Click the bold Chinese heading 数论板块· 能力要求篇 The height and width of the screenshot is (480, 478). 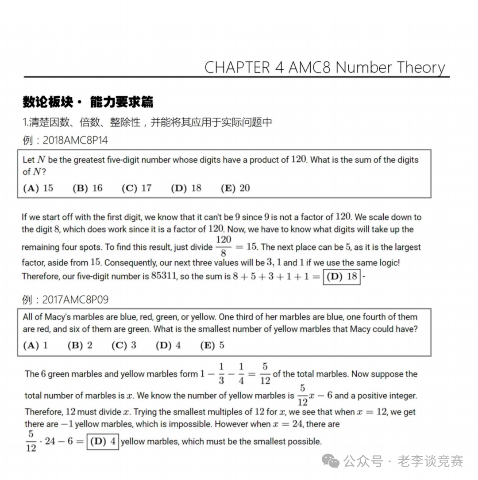tap(88, 102)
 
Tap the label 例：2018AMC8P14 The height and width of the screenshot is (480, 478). tap(65, 141)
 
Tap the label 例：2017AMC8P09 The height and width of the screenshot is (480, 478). tap(65, 300)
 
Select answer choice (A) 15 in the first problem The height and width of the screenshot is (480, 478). tap(38, 188)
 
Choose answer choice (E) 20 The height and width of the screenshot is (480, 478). tap(235, 188)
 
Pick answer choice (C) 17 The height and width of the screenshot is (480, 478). tap(136, 188)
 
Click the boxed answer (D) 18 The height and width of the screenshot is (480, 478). tap(341, 277)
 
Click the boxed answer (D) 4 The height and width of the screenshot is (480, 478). tap(103, 441)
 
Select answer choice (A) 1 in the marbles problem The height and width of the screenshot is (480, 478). tap(35, 345)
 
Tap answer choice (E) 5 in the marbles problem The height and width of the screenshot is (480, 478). tap(212, 345)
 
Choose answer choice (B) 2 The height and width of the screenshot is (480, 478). tap(80, 345)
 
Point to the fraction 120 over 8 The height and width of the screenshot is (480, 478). tap(224, 247)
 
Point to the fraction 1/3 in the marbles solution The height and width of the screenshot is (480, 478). tap(221, 373)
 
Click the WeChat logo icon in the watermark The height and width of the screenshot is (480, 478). tap(331, 461)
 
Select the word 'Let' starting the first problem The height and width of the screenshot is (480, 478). tap(28, 160)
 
